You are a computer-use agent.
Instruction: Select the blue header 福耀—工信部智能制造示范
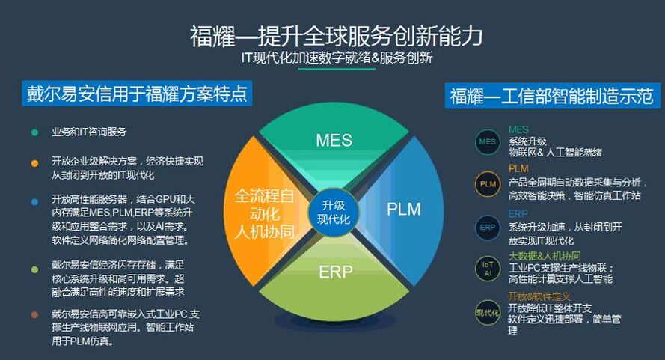pyautogui.click(x=551, y=96)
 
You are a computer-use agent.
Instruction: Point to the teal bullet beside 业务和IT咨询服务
pyautogui.click(x=34, y=132)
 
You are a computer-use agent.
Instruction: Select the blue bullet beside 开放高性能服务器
pyautogui.click(x=34, y=200)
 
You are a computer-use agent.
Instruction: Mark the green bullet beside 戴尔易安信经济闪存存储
pyautogui.click(x=34, y=267)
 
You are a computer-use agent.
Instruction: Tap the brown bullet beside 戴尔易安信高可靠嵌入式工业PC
pyautogui.click(x=34, y=314)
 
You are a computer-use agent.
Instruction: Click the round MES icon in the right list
pyautogui.click(x=488, y=141)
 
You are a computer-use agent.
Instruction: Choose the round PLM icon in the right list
pyautogui.click(x=488, y=183)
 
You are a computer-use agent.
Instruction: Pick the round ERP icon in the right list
pyautogui.click(x=488, y=227)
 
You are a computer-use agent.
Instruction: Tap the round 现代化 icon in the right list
pyautogui.click(x=488, y=311)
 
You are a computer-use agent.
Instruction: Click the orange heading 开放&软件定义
pyautogui.click(x=539, y=296)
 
